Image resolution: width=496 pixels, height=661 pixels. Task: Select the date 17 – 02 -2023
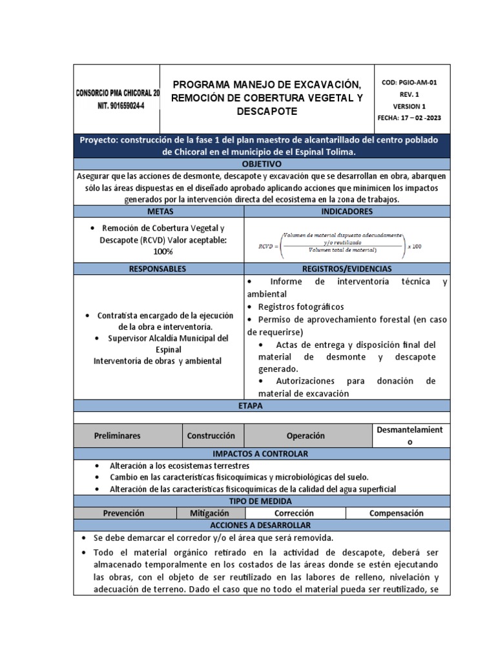point(409,118)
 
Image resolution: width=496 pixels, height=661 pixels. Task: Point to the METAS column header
point(160,211)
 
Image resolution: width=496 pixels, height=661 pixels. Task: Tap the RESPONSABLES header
point(158,269)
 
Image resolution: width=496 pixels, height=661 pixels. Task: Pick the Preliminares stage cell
point(118,436)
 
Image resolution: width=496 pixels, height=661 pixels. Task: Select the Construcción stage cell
point(211,436)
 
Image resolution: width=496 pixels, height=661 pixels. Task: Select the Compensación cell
point(396,513)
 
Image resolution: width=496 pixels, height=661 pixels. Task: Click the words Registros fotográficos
point(301,307)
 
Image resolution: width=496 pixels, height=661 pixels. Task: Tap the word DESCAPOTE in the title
point(267,111)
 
